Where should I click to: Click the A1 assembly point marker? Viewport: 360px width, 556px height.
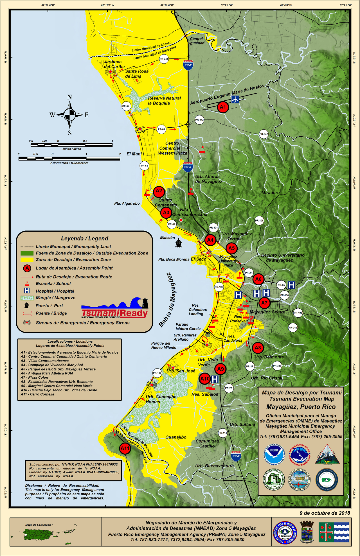click(223, 107)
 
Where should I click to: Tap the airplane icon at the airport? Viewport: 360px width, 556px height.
click(235, 99)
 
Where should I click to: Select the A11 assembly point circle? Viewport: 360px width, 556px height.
click(125, 448)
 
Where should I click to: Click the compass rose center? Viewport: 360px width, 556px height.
click(69, 115)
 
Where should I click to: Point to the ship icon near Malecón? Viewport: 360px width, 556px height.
click(178, 243)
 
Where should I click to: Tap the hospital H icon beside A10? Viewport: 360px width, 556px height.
click(215, 379)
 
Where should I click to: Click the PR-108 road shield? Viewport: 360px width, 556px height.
click(259, 221)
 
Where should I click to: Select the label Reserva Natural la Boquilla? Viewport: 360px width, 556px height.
click(164, 101)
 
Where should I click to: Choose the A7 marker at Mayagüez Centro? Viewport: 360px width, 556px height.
click(264, 303)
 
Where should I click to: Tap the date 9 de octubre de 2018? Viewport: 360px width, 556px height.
click(325, 513)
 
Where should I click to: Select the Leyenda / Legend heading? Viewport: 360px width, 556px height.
click(84, 238)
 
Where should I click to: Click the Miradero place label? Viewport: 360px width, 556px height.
click(271, 193)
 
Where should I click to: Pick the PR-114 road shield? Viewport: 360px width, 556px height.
click(223, 433)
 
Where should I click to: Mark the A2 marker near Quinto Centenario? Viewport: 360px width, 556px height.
click(159, 191)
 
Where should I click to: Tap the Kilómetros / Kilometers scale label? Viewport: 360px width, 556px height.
click(69, 163)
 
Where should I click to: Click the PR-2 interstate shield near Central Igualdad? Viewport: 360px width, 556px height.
click(188, 65)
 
